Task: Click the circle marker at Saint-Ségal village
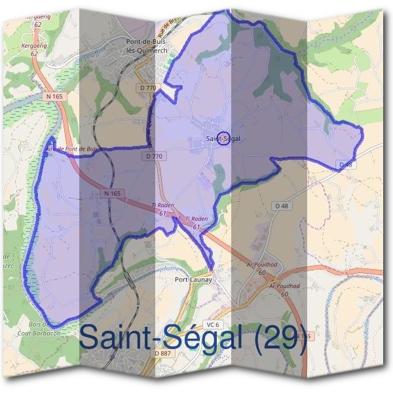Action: coord(223,138)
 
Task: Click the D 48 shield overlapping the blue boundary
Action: coord(345,164)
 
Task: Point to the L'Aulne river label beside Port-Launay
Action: coord(168,269)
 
